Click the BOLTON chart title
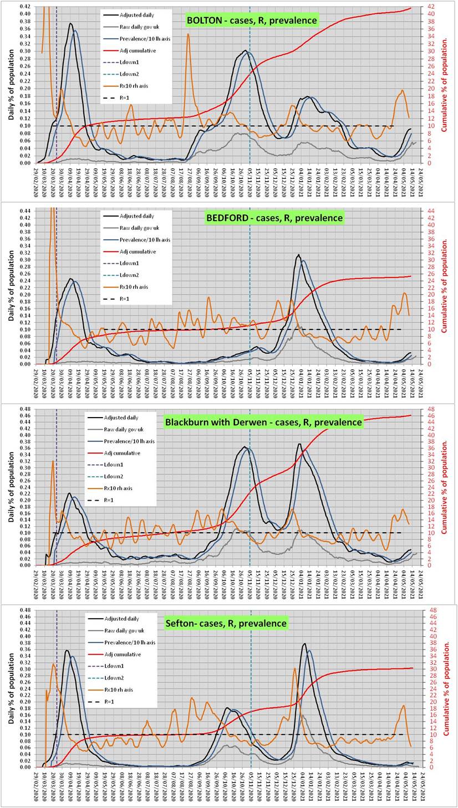tap(252, 20)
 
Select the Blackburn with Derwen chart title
tap(263, 422)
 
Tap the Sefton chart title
tap(226, 623)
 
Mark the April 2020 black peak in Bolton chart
tap(70, 24)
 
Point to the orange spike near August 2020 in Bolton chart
tap(188, 34)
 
